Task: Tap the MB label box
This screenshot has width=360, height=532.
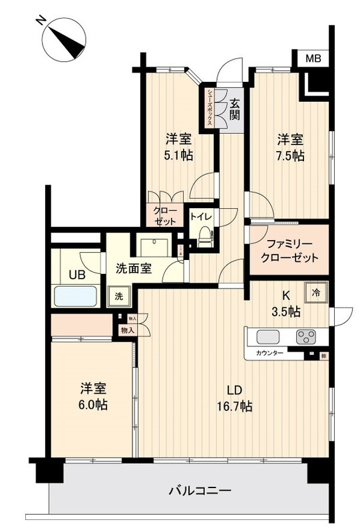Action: (x=313, y=59)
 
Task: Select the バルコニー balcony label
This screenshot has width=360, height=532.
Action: (x=200, y=491)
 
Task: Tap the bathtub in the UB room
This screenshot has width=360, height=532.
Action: (x=76, y=295)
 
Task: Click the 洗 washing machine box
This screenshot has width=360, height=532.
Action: (x=118, y=295)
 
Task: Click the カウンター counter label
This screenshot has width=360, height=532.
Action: (x=270, y=353)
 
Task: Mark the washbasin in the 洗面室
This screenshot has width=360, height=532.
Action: (x=156, y=243)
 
